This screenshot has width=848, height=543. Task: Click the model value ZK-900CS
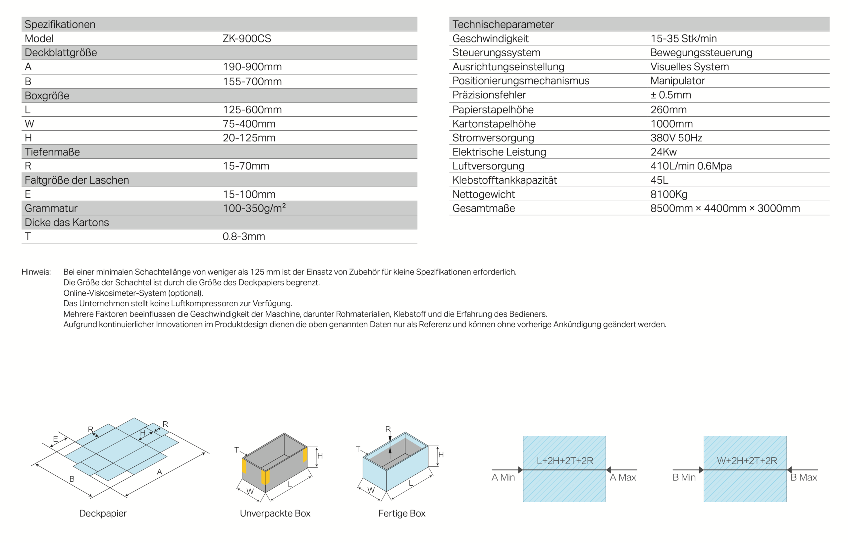point(246,38)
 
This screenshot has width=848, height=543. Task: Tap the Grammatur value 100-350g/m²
point(254,208)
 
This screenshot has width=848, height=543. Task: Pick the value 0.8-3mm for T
point(243,236)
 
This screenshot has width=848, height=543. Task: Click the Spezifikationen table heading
point(60,24)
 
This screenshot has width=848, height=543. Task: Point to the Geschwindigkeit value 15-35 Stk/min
point(683,38)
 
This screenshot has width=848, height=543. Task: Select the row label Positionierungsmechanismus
point(520,81)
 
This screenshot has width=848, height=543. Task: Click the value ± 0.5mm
point(670,95)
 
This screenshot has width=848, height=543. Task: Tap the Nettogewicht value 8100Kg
point(669,194)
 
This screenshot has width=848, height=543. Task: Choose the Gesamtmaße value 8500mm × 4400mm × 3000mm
point(725,208)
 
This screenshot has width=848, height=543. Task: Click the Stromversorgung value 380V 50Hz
point(676,138)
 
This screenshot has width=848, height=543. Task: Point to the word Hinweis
point(36,272)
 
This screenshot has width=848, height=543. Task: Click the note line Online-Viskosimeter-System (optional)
point(133,293)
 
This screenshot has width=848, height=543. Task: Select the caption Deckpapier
point(102,513)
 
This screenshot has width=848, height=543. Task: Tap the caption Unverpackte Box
point(275,513)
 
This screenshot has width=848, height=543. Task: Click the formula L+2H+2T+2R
point(565,460)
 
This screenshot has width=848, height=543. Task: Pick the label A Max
point(622,477)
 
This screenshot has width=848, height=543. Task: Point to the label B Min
point(684,477)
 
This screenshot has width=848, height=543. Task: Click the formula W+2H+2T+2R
point(747,460)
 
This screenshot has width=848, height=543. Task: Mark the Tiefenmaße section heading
point(52,151)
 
